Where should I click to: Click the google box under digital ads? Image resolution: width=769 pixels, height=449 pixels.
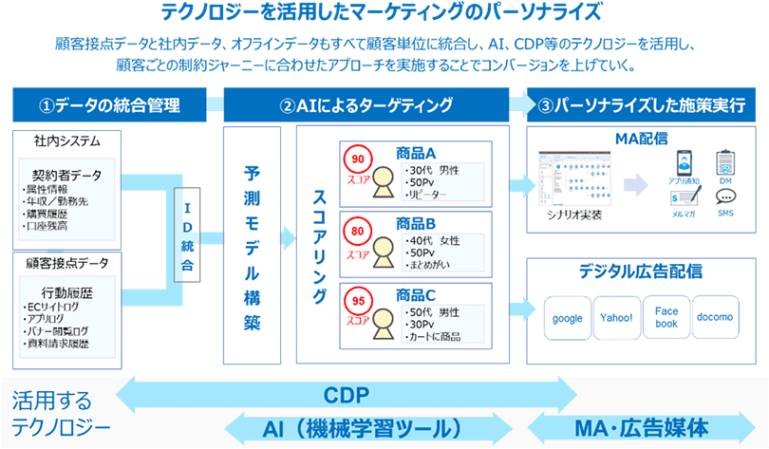click(x=568, y=319)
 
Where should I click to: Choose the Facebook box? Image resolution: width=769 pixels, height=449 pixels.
click(x=666, y=318)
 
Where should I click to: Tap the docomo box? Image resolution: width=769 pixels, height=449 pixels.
click(x=716, y=319)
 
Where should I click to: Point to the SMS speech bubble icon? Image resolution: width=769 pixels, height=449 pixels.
click(x=726, y=197)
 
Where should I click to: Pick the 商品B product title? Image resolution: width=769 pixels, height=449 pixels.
click(x=416, y=225)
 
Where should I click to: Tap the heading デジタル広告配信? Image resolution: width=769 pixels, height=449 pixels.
click(x=641, y=271)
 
